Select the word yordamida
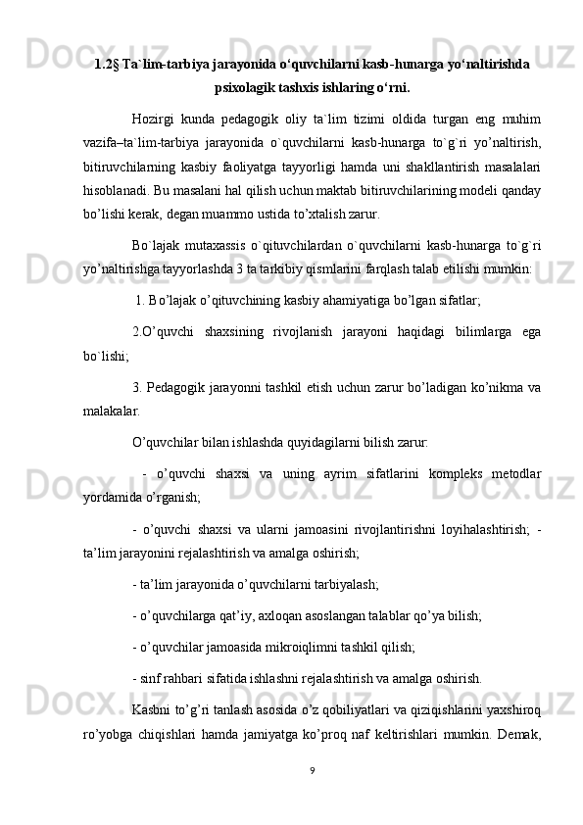point(114,500)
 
